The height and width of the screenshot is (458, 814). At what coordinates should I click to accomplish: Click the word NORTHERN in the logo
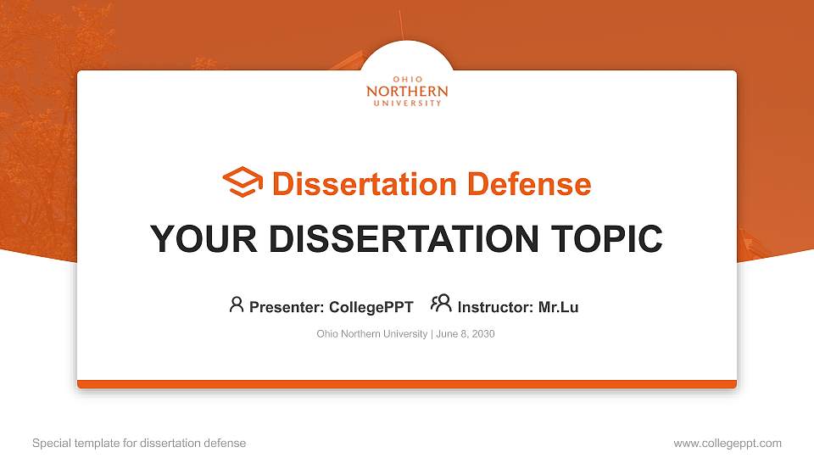click(407, 91)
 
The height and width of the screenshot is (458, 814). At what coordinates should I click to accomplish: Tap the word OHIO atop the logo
click(407, 80)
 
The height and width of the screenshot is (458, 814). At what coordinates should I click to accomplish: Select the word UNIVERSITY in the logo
click(407, 103)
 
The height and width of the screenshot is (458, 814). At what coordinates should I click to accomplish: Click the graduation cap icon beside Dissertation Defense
click(243, 182)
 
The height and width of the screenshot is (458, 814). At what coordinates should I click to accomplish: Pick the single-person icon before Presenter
click(237, 304)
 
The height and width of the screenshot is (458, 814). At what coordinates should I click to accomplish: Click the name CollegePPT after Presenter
click(371, 307)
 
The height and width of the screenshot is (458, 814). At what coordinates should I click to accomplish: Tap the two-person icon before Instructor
click(441, 304)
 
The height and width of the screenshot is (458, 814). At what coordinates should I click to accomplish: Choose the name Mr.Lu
click(558, 307)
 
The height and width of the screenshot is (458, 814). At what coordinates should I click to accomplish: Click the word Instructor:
click(495, 307)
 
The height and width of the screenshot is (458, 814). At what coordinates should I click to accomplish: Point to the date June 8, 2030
click(466, 334)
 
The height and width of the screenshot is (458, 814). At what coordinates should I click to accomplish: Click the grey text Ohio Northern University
click(371, 334)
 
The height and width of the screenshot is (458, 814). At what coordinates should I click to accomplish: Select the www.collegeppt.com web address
click(728, 443)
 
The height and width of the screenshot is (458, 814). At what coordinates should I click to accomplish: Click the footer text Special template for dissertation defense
click(139, 443)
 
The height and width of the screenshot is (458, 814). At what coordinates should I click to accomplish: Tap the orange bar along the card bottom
click(407, 384)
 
